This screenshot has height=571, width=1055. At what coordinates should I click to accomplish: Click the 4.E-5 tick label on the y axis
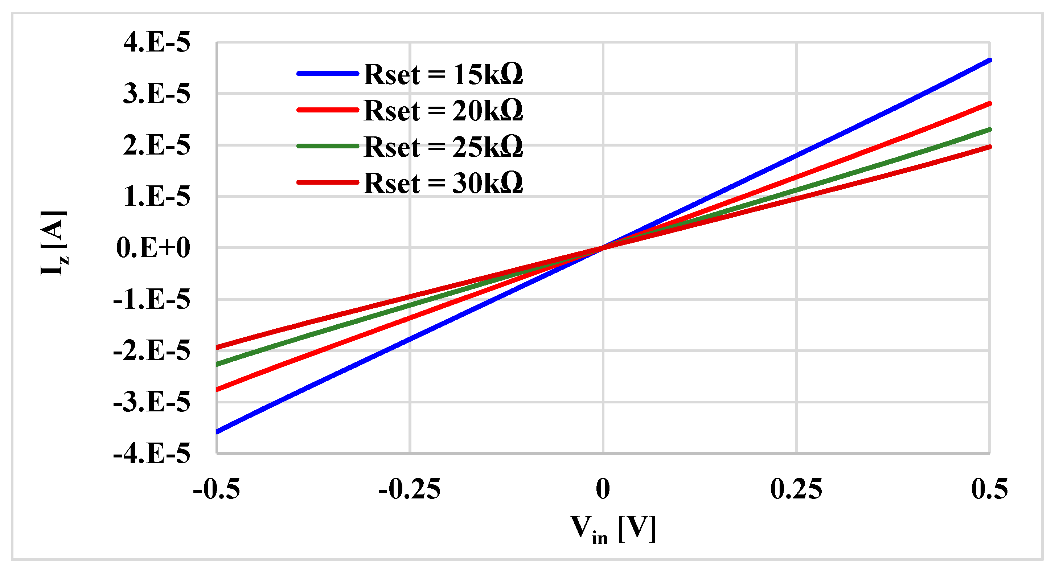(157, 42)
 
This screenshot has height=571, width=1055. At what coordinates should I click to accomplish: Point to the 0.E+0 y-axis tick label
(153, 248)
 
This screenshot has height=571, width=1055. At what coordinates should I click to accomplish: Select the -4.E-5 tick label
(152, 454)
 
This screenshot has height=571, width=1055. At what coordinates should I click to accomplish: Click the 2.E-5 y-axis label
(157, 145)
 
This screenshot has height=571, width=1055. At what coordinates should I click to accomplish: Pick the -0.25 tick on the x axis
(409, 489)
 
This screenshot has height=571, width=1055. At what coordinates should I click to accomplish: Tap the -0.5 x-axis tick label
(216, 489)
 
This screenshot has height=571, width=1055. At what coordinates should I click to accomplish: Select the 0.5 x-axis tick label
(989, 489)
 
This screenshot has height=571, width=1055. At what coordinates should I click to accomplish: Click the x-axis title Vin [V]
(613, 530)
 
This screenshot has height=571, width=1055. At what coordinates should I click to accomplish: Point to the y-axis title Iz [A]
(54, 243)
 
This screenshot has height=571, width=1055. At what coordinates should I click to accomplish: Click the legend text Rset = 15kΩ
(443, 75)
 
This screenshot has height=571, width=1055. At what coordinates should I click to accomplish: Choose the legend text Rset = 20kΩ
(443, 111)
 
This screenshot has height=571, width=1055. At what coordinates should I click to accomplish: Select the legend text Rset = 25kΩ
(443, 147)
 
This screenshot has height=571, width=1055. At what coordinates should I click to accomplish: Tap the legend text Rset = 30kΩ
(443, 183)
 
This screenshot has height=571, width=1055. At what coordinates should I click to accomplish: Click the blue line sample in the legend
(328, 74)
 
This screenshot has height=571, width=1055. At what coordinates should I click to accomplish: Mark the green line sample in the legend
(328, 146)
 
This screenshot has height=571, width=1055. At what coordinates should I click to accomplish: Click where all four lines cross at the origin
(603, 247)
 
